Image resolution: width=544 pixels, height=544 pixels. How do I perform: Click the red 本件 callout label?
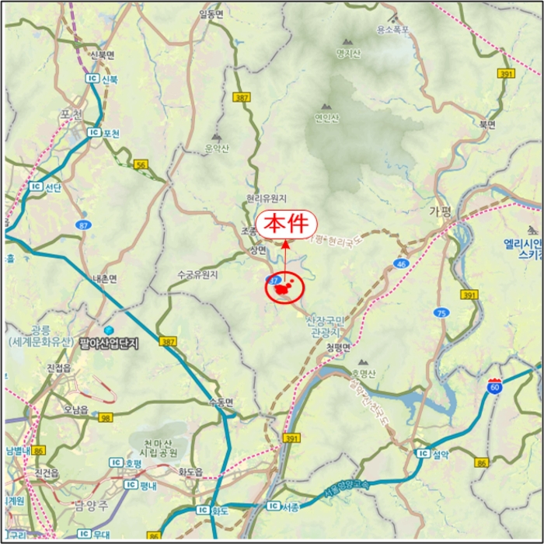pos(287,224)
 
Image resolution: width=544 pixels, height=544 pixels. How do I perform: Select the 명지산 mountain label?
pos(348,54)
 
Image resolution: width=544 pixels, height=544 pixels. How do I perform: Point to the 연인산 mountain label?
pos(326,118)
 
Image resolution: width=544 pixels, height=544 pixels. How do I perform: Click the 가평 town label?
pos(440,211)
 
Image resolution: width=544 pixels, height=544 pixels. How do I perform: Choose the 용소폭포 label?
pos(393,30)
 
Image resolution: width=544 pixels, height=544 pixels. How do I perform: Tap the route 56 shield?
pos(141,164)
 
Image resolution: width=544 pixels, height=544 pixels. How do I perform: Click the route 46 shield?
pos(400,264)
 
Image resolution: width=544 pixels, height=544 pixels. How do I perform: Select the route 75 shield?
pos(441,312)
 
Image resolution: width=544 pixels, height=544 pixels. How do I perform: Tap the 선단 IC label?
pos(46,187)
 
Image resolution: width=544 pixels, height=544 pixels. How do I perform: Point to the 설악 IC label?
pos(433,453)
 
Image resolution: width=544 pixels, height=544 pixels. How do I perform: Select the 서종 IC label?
pos(283,506)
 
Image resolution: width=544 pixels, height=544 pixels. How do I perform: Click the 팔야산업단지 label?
pos(107,341)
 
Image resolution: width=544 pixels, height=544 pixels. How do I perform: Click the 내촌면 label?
pos(104,278)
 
